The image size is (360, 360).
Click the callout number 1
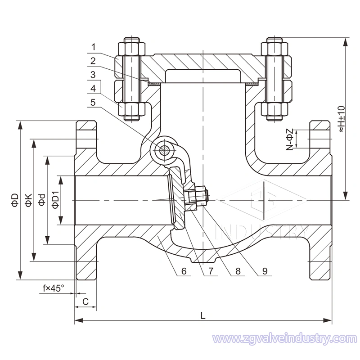pos(93,46)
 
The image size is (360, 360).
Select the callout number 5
pos(93,103)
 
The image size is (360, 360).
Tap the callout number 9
pos(265,271)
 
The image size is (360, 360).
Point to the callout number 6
pos(183,271)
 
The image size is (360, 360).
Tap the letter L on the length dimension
pos(203,315)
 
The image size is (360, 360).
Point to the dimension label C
pos(85,302)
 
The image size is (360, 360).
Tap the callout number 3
pos(93,74)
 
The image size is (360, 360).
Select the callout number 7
pos(210,271)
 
